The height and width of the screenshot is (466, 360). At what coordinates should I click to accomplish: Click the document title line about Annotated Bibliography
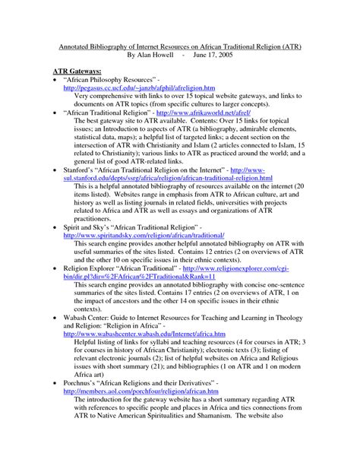coord(179,46)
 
